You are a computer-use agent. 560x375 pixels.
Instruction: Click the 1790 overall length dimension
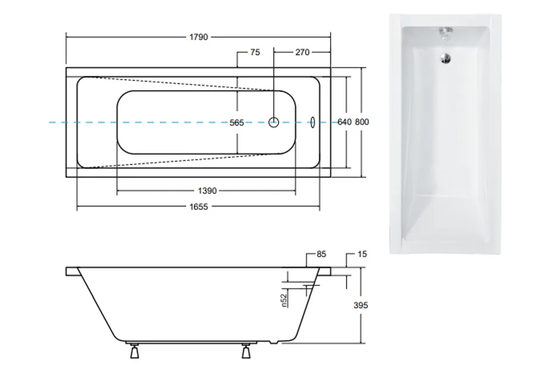(x=198, y=37)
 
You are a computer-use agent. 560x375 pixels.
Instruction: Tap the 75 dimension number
(x=255, y=52)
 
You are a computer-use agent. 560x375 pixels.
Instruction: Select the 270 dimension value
(x=302, y=52)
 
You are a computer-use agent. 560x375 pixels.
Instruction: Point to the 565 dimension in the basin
(x=237, y=123)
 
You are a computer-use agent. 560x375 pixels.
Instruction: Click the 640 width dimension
(x=345, y=122)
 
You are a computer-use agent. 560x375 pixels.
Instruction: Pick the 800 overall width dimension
(x=362, y=122)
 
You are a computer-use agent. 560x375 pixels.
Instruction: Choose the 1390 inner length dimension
(x=207, y=191)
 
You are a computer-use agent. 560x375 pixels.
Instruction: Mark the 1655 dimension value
(x=198, y=207)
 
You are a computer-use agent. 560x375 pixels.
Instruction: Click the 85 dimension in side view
(x=321, y=254)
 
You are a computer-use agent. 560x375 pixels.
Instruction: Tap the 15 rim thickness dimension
(x=362, y=254)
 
